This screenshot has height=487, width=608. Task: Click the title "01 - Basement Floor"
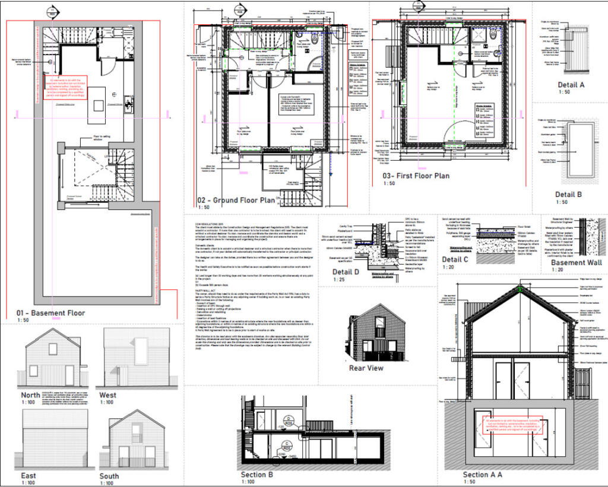51,313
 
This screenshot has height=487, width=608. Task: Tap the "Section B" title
256,475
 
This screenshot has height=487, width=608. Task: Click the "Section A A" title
482,475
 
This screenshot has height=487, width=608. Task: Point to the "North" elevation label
30,394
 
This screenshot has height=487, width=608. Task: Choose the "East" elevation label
28,475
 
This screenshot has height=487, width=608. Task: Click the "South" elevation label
109,476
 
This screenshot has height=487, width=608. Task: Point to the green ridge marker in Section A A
520,289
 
